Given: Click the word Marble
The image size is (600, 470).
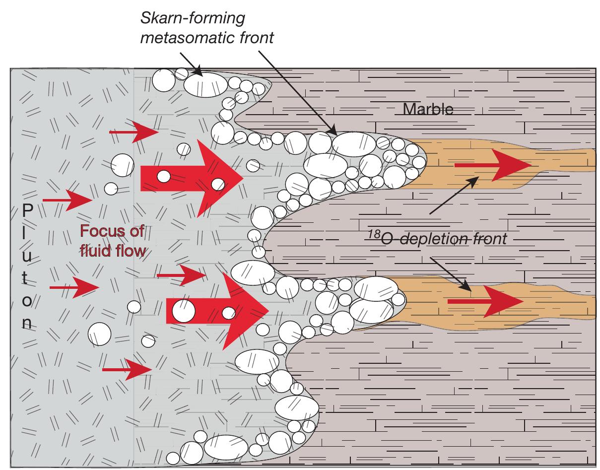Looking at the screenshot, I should pos(428,109).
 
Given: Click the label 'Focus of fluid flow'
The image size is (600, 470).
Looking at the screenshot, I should pos(112,241).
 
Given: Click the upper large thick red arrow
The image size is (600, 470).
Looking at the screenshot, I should pos(191,178).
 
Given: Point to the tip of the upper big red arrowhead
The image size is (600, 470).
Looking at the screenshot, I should pos(242,178).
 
